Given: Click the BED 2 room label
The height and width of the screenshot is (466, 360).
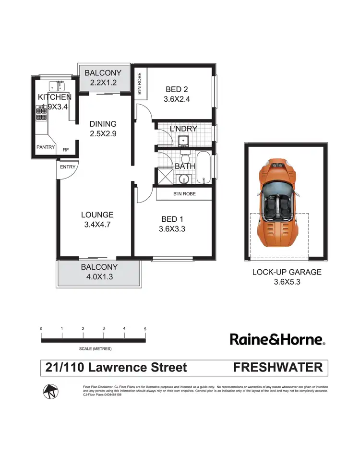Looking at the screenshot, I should point(174,89).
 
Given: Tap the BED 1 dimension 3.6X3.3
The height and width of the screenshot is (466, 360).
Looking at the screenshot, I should point(172,229).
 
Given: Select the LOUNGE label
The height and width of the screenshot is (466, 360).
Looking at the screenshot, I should point(97,215).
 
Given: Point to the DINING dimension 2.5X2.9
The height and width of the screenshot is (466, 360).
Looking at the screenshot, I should point(103,134).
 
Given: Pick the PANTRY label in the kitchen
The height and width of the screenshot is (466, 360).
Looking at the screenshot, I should point(46,147).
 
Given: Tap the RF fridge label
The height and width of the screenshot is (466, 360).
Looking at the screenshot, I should point(65,150).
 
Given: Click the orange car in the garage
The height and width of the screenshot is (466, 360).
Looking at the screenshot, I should point(278,202).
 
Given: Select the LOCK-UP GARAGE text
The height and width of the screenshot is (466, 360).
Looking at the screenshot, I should point(287,272).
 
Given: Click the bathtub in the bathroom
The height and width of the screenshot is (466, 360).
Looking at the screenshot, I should point(204,168).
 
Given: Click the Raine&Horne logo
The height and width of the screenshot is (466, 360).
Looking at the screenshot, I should point(277,340).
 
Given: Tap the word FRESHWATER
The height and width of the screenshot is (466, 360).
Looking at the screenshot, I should point(277,368).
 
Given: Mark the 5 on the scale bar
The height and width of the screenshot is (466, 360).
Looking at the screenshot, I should point(145,329).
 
